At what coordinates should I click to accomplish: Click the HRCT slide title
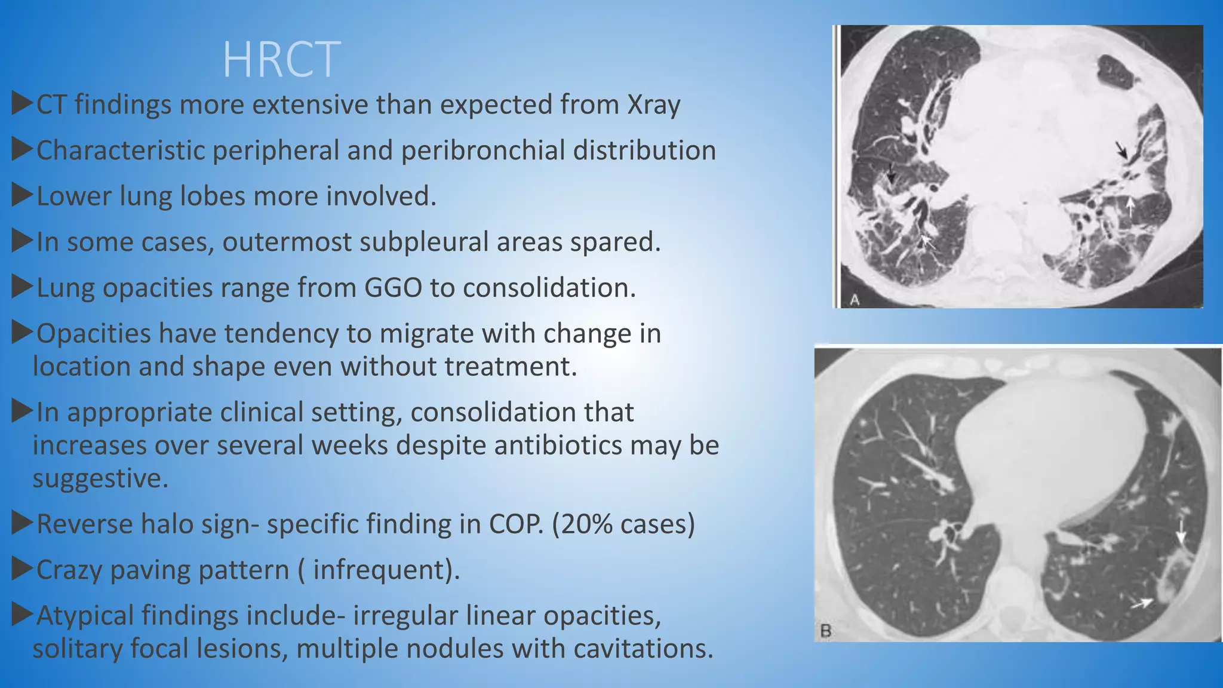point(281,60)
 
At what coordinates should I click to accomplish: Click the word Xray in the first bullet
point(653,105)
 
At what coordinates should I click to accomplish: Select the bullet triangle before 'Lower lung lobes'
point(21,195)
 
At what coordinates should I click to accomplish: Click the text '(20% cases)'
point(623,524)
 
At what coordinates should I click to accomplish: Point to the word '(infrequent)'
point(386,570)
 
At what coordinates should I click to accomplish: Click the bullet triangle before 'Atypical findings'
point(21,615)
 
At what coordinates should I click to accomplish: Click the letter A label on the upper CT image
point(855,300)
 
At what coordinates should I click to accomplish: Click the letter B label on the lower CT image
point(826,631)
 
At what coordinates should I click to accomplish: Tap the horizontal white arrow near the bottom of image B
point(1142,604)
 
